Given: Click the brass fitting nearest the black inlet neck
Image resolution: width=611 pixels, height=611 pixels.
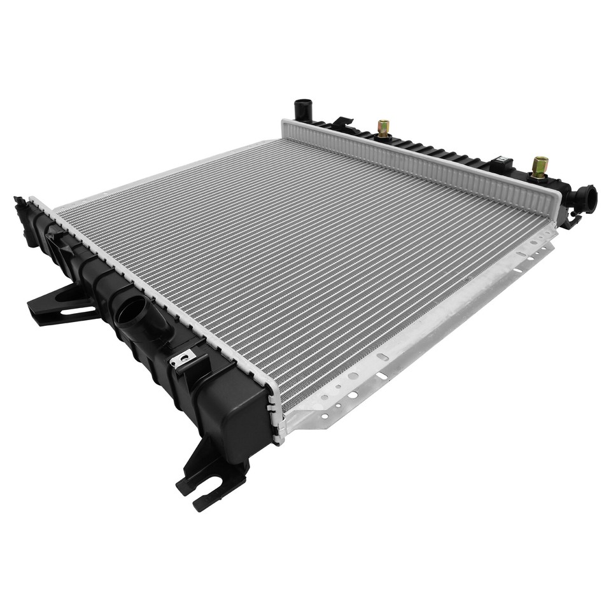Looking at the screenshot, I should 540,167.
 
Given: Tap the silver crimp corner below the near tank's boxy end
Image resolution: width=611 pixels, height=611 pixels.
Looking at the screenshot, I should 276,433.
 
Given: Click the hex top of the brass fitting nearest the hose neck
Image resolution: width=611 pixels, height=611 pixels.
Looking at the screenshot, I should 540,160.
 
